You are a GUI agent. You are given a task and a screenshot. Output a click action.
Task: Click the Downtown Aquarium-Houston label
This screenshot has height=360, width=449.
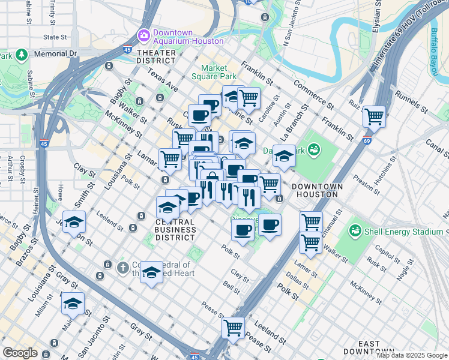coord(188,37)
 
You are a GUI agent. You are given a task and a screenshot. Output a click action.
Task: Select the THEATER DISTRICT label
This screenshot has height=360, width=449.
coord(156,57)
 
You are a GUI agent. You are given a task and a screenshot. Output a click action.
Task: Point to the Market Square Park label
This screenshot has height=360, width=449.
coord(214,72)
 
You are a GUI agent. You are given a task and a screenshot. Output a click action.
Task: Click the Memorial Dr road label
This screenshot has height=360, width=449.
coord(57,53)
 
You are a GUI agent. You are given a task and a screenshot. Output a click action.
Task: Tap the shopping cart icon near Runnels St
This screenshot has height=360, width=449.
coord(374,116)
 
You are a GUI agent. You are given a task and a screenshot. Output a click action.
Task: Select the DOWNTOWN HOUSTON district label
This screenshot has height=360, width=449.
coord(317,191)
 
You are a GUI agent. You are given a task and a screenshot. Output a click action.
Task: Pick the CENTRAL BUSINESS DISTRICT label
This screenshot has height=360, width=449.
coord(175,229)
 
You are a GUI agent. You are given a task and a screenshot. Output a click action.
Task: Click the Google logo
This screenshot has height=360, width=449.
coord(19,353)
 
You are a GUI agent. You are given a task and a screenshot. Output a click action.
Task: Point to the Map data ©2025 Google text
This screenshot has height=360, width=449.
coord(412,355)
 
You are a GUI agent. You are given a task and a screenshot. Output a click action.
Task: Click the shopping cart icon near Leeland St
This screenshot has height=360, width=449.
coord(232,328)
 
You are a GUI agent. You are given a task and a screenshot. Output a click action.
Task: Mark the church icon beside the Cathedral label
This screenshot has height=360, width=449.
coord(123,267)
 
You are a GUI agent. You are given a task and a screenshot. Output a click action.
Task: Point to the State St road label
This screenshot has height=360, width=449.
coord(55,37)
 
